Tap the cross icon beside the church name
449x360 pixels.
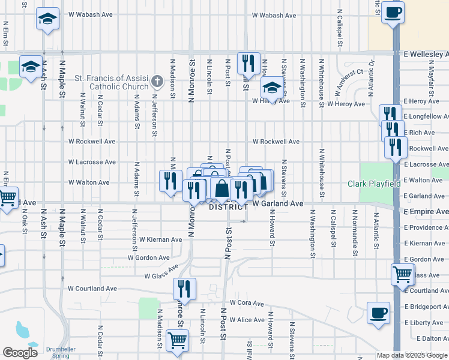tap(157, 80)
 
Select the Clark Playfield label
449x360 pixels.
tap(374, 184)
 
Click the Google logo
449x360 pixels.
tap(20, 353)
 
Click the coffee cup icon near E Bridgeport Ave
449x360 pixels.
tap(378, 313)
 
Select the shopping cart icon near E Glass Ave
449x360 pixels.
tap(402, 274)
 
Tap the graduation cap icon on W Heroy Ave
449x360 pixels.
tap(272, 89)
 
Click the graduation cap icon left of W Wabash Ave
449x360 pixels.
tap(47, 19)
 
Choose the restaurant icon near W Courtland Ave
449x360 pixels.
tap(184, 289)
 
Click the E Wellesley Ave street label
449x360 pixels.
tap(426, 54)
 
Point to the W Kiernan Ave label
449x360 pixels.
tap(160, 239)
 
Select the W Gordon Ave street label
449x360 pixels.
tap(149, 257)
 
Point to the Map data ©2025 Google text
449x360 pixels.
tap(411, 355)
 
